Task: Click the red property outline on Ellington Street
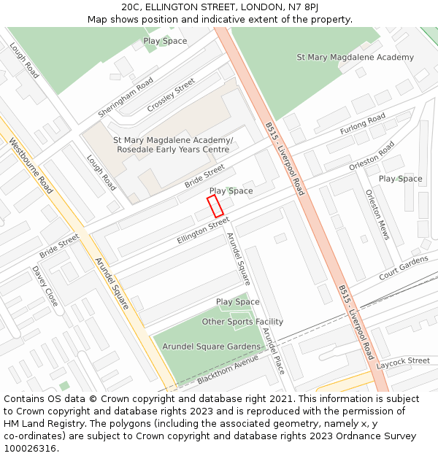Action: [x=215, y=205]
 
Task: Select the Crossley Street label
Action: [x=172, y=96]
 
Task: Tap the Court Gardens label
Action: [x=404, y=268]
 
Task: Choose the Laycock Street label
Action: [x=404, y=361]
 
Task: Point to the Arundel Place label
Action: [x=272, y=349]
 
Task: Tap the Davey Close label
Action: [x=45, y=285]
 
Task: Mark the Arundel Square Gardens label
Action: [x=211, y=346]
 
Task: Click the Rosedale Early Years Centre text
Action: [x=173, y=150]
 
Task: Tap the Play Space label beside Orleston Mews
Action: [x=400, y=179]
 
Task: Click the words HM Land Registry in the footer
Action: [x=39, y=423]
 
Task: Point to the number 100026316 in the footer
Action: [x=30, y=448]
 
